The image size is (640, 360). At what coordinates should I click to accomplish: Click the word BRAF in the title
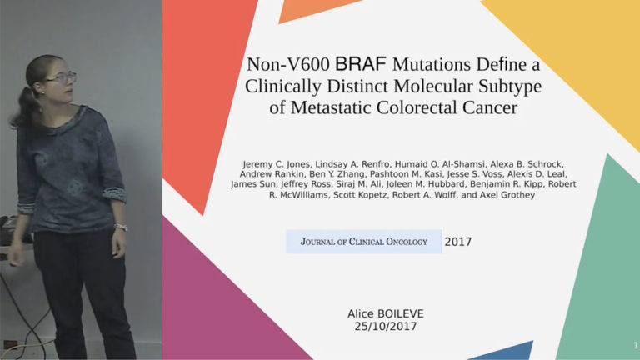point(360,64)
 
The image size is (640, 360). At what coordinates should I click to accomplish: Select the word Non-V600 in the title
point(288,64)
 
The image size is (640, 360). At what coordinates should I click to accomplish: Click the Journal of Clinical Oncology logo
point(363,241)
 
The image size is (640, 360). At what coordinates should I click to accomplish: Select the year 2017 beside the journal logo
point(458,242)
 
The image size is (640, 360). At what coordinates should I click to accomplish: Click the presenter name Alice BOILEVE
point(386,313)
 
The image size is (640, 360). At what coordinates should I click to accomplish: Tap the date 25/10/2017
point(386,326)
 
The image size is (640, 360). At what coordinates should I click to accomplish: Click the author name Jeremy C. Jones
point(277,164)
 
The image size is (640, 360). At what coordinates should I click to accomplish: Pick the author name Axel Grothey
point(507,195)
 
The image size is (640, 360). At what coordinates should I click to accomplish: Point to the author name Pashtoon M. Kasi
point(401,174)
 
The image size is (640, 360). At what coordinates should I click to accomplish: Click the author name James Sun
point(253,184)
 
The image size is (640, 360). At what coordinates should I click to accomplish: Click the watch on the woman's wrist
point(121,227)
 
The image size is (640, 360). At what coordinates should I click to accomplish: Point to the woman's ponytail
point(26,107)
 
